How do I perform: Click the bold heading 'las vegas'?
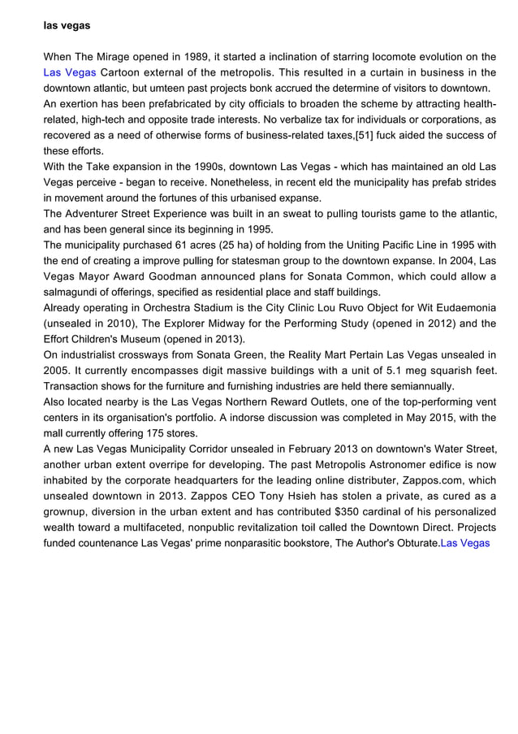(x=67, y=26)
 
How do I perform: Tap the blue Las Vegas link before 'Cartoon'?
(x=69, y=72)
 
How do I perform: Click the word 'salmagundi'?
(x=72, y=292)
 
